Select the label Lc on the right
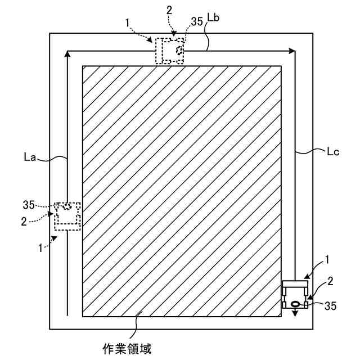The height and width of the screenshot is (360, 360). (332, 151)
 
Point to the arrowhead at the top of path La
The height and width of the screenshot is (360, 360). (67, 53)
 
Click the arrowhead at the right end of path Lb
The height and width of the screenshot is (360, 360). (291, 51)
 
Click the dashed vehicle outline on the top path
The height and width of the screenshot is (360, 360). (170, 51)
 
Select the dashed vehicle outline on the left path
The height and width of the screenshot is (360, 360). (67, 216)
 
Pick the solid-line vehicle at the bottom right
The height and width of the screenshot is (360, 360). (295, 295)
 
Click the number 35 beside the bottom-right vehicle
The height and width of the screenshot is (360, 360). (331, 306)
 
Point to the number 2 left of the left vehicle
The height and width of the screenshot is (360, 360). (24, 222)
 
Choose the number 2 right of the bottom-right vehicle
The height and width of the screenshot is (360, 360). (330, 280)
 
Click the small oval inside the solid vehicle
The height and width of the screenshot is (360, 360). (295, 305)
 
